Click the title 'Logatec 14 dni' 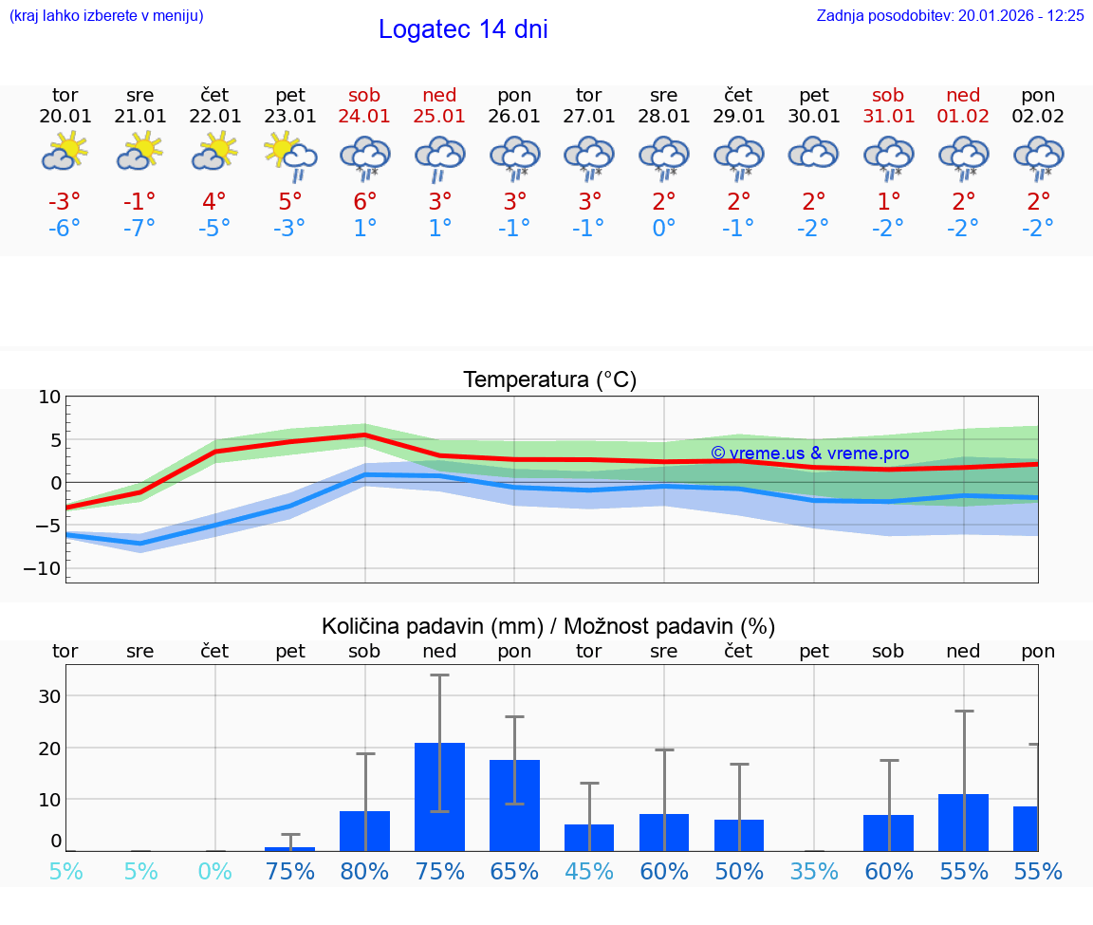coord(463,29)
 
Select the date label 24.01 coord(364,116)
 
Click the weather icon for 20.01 coord(65,152)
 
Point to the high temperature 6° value coord(364,201)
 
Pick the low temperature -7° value coord(139,228)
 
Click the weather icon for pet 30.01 coord(813,153)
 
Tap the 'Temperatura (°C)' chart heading coord(549,380)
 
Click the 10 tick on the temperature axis coord(49,398)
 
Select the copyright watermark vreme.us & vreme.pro coord(809,453)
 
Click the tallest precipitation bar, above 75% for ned coord(439,797)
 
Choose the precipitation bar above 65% coord(514,805)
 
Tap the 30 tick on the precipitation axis coord(49,696)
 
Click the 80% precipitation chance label coord(364,871)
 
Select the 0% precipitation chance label coord(215,871)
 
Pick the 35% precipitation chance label coord(813,871)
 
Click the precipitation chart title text coord(548,626)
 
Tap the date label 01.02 coord(964,116)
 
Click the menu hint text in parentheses coord(106,15)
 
